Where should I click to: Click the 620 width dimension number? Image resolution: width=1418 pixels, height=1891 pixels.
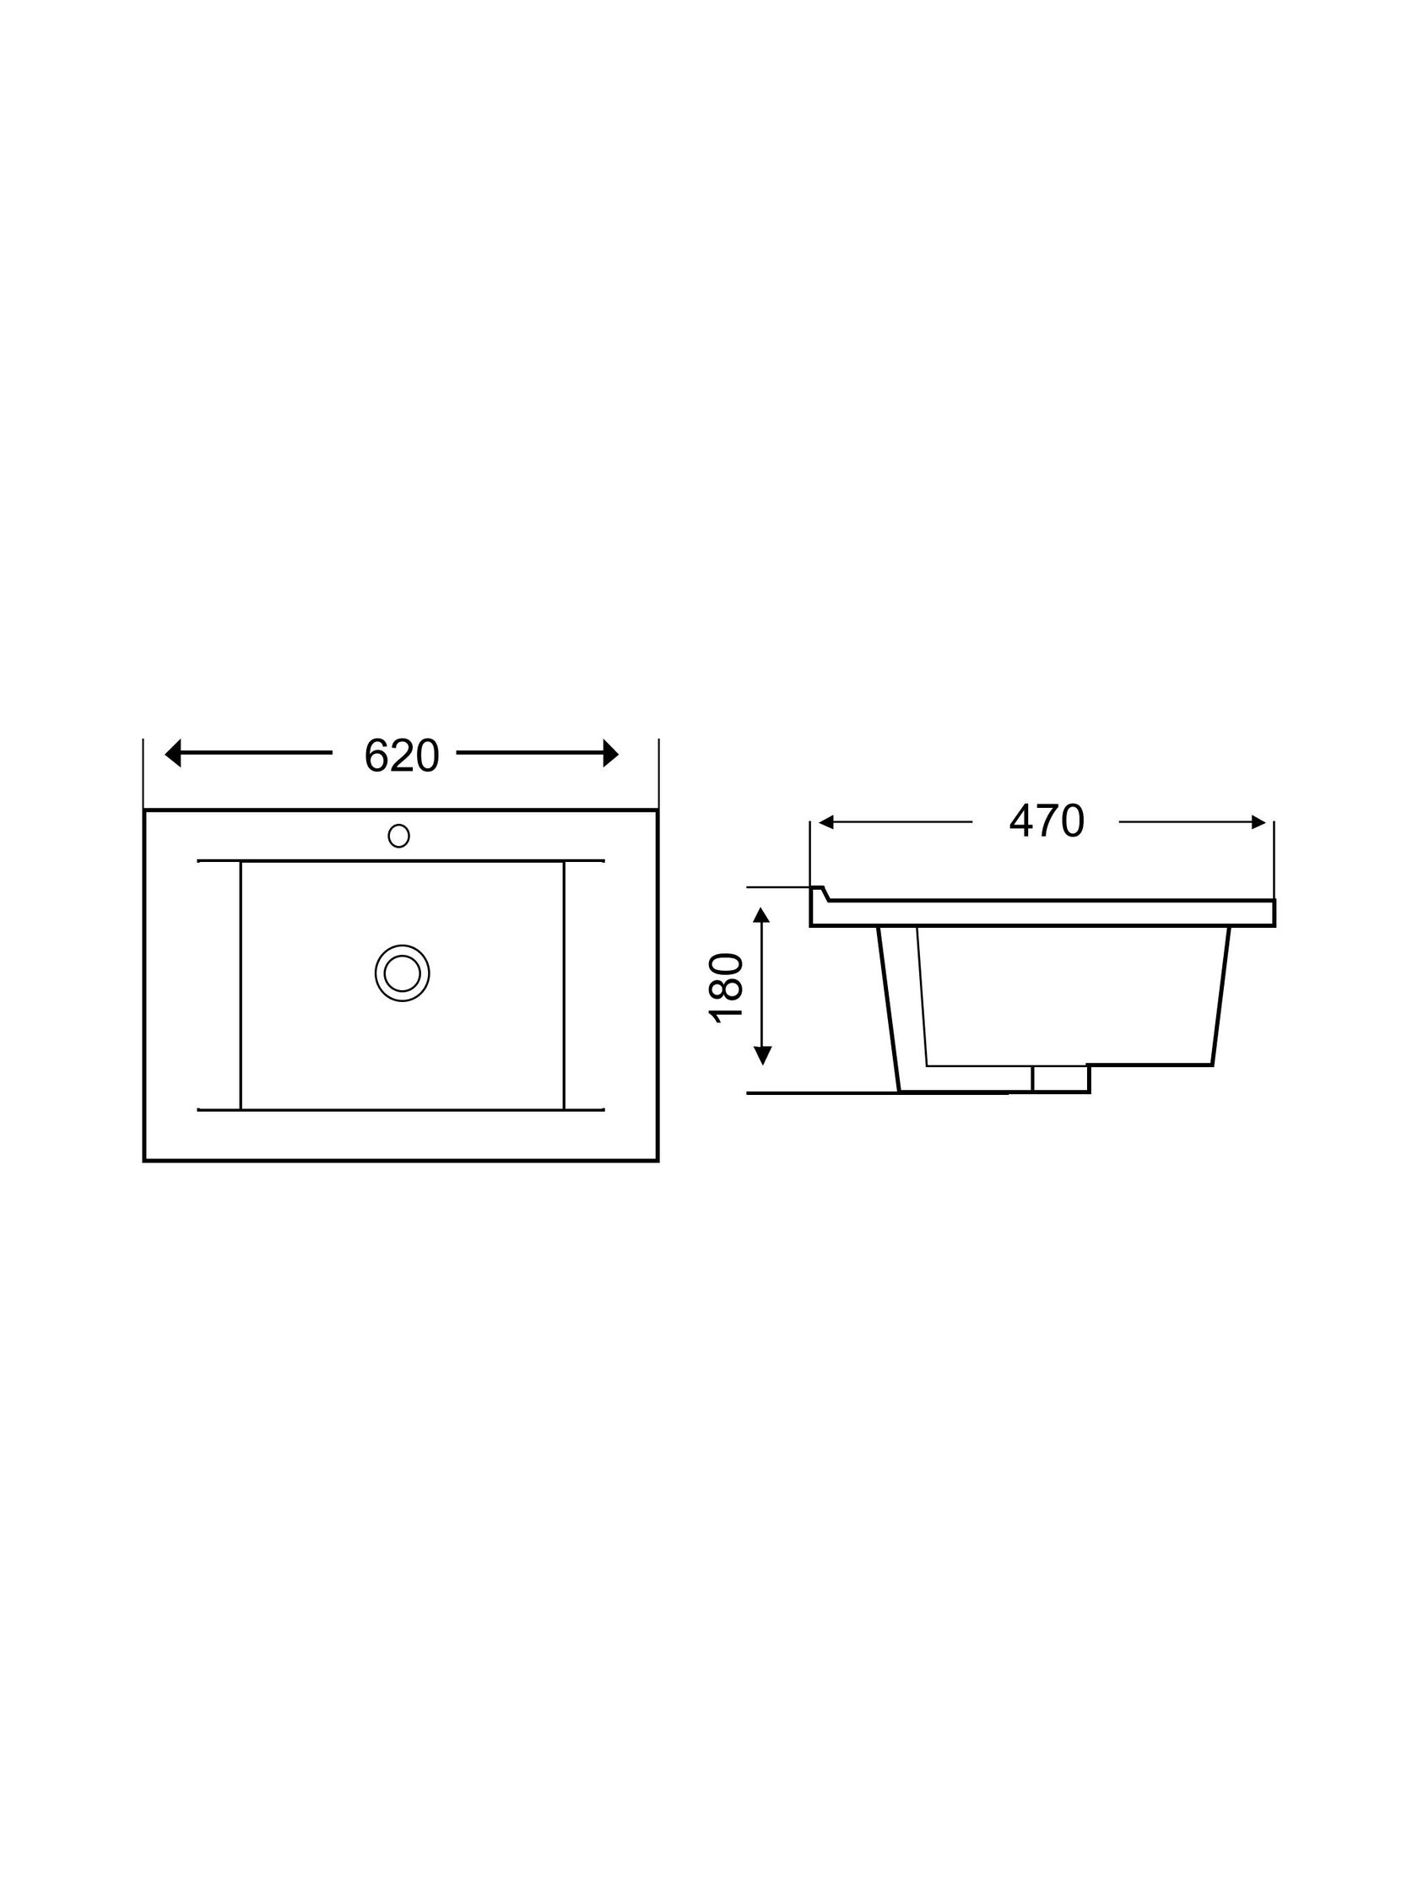click(x=402, y=756)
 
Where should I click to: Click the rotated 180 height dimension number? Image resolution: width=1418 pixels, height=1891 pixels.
click(x=726, y=988)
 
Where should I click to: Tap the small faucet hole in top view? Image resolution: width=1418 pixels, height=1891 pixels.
click(x=398, y=835)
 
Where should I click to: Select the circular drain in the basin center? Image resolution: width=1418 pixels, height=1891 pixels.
click(x=402, y=973)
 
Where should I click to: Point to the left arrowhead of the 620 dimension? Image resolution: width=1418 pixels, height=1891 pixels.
click(x=173, y=753)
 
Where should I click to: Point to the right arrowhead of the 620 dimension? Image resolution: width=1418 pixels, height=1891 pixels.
click(x=610, y=753)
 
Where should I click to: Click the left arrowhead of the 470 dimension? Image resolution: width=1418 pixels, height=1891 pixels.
click(x=825, y=822)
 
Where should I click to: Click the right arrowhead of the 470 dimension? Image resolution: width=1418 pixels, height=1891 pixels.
click(x=1258, y=822)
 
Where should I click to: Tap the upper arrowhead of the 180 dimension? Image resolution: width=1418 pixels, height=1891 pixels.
click(x=761, y=916)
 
